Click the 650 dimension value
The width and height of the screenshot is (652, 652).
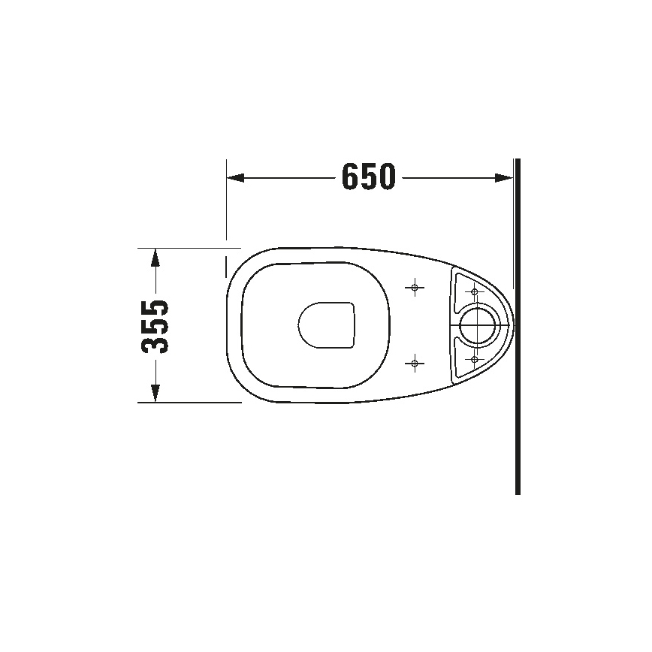click(368, 177)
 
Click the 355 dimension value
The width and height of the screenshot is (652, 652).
click(155, 325)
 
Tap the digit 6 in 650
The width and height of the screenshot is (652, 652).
click(351, 177)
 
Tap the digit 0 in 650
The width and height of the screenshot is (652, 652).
click(385, 177)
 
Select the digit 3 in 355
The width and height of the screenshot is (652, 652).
click(155, 344)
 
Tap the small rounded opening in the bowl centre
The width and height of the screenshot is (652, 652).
click(326, 325)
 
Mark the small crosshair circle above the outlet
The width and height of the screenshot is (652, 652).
click(473, 291)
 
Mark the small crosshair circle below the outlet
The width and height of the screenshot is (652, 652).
click(473, 359)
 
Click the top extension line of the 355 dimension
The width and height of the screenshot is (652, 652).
click(188, 247)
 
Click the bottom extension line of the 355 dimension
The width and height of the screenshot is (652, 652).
click(188, 403)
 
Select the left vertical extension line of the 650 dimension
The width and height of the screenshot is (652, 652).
click(226, 203)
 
